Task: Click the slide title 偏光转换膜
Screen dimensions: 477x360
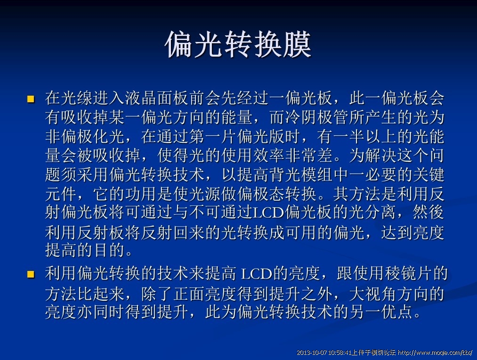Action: point(238,44)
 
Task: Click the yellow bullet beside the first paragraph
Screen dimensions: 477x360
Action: point(31,99)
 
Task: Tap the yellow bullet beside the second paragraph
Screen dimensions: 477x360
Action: point(31,275)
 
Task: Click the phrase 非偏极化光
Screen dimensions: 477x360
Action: point(85,136)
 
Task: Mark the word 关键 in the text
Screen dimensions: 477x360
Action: point(428,175)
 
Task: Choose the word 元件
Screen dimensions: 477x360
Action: point(61,194)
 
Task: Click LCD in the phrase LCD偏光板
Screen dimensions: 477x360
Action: point(268,213)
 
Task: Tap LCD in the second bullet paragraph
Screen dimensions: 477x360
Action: point(256,274)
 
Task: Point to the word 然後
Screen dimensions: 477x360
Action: point(428,212)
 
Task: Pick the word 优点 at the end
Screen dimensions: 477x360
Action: point(396,311)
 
